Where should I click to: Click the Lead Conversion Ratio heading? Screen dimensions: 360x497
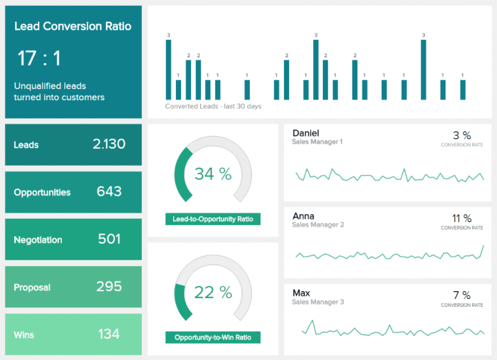click(73, 26)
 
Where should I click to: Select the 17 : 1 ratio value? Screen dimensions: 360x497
click(39, 58)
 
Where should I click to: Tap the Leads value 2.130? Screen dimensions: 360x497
click(109, 144)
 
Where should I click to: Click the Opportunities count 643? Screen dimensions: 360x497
click(109, 192)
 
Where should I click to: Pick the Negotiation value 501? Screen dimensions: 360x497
click(109, 240)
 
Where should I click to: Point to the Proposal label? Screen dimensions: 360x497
click(32, 288)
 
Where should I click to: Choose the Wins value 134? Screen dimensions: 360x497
click(109, 335)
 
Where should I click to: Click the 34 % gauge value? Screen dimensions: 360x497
click(213, 174)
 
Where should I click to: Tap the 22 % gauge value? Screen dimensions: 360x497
click(213, 292)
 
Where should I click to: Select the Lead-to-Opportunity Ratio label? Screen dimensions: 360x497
click(213, 219)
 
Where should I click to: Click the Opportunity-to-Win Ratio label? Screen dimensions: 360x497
click(213, 338)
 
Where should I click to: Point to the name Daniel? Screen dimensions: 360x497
click(306, 133)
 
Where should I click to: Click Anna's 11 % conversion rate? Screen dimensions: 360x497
click(462, 218)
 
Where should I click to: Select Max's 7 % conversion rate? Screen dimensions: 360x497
click(462, 295)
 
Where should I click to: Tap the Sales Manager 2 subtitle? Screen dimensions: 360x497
click(318, 225)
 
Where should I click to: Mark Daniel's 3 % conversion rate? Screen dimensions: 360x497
click(462, 135)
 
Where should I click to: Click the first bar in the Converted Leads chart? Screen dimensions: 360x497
click(169, 69)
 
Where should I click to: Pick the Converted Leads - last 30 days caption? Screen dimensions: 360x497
click(213, 106)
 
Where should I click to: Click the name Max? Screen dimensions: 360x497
click(301, 293)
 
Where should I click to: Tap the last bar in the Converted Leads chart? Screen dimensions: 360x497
click(462, 90)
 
